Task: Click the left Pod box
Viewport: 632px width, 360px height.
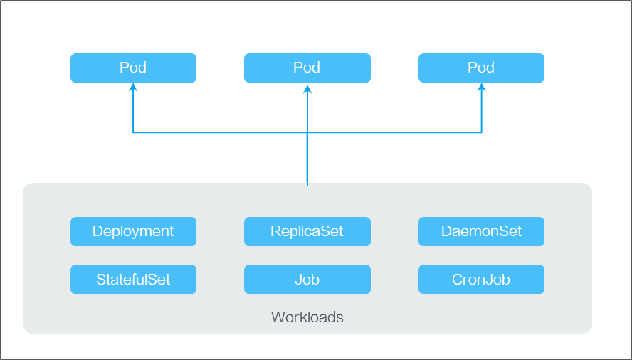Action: pyautogui.click(x=133, y=68)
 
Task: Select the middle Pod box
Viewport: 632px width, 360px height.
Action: pyautogui.click(x=307, y=68)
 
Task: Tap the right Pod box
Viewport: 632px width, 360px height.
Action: pyautogui.click(x=481, y=68)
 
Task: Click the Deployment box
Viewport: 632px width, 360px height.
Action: pyautogui.click(x=133, y=231)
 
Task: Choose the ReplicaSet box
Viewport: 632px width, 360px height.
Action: pyautogui.click(x=307, y=231)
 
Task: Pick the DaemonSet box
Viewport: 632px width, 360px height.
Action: pyautogui.click(x=481, y=231)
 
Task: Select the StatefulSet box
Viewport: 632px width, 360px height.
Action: pyautogui.click(x=133, y=280)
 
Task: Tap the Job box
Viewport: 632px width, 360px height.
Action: pyautogui.click(x=307, y=280)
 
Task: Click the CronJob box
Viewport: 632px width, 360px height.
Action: pyautogui.click(x=481, y=280)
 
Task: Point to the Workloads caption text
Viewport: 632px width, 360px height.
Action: pyautogui.click(x=307, y=317)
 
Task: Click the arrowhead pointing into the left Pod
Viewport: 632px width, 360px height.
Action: pyautogui.click(x=132, y=88)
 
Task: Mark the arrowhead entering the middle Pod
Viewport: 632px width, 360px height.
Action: pyautogui.click(x=307, y=88)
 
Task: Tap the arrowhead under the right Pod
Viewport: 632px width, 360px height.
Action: pyautogui.click(x=481, y=88)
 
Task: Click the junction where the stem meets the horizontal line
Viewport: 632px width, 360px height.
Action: pyautogui.click(x=307, y=132)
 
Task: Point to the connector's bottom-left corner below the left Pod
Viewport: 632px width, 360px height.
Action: pyautogui.click(x=132, y=132)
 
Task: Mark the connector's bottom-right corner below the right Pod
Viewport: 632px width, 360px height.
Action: pyautogui.click(x=481, y=132)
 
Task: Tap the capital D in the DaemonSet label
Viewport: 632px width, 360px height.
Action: pyautogui.click(x=446, y=231)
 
